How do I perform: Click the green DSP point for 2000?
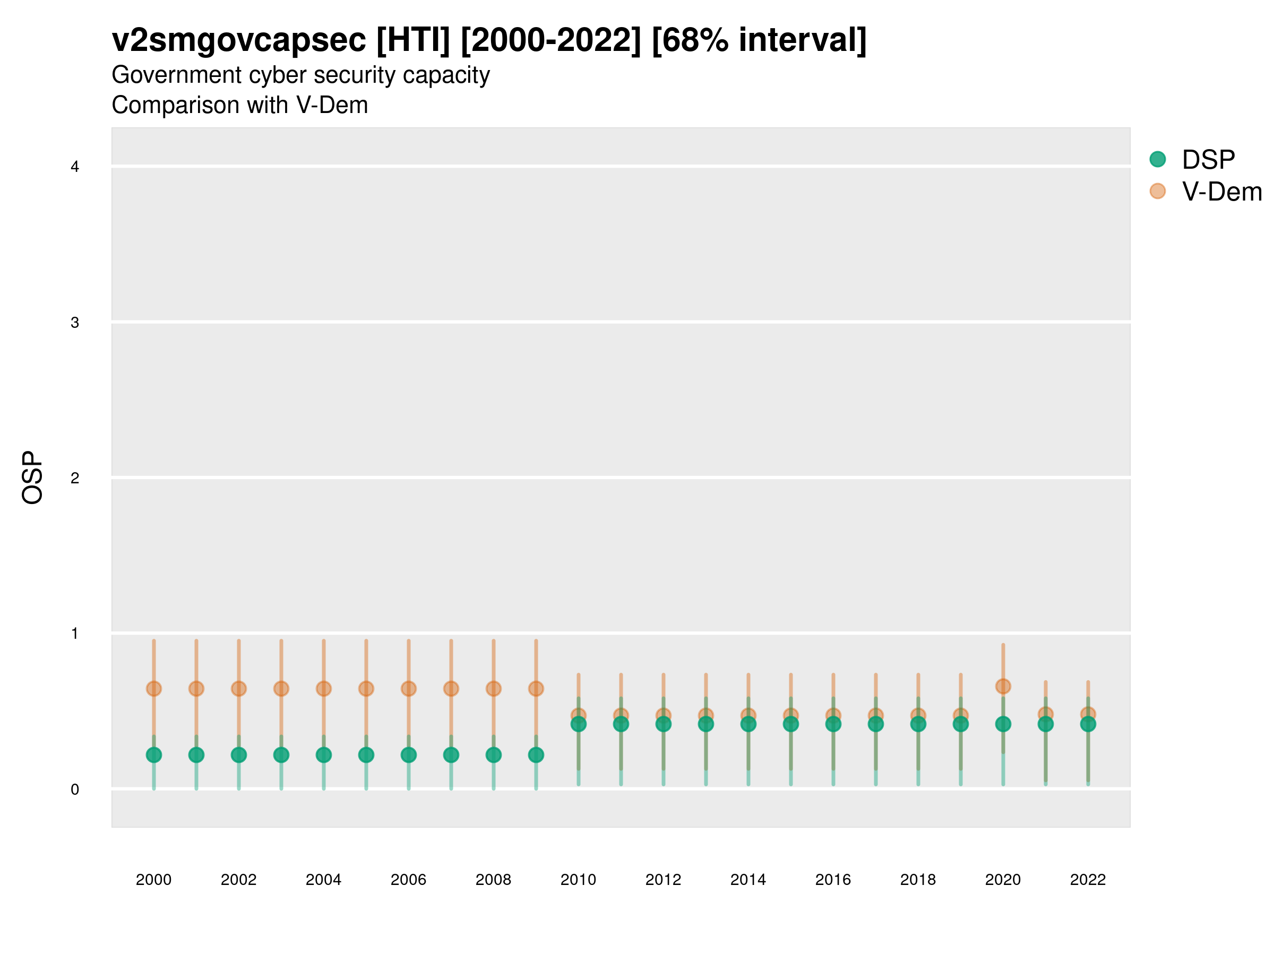154,754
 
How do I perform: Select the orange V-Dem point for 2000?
154,689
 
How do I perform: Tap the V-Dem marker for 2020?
1003,686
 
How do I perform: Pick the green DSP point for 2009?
536,754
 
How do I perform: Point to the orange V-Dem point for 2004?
324,689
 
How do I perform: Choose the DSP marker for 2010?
578,724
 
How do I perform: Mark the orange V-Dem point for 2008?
494,689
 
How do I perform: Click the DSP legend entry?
1208,160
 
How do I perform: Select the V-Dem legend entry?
1221,192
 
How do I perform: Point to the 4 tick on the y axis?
75,167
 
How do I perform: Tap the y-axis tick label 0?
75,789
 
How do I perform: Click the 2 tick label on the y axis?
75,478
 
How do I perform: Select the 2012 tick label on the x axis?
663,880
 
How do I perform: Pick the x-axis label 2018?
918,880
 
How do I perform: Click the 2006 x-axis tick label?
408,880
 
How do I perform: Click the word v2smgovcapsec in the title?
239,40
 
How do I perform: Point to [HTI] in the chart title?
412,40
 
